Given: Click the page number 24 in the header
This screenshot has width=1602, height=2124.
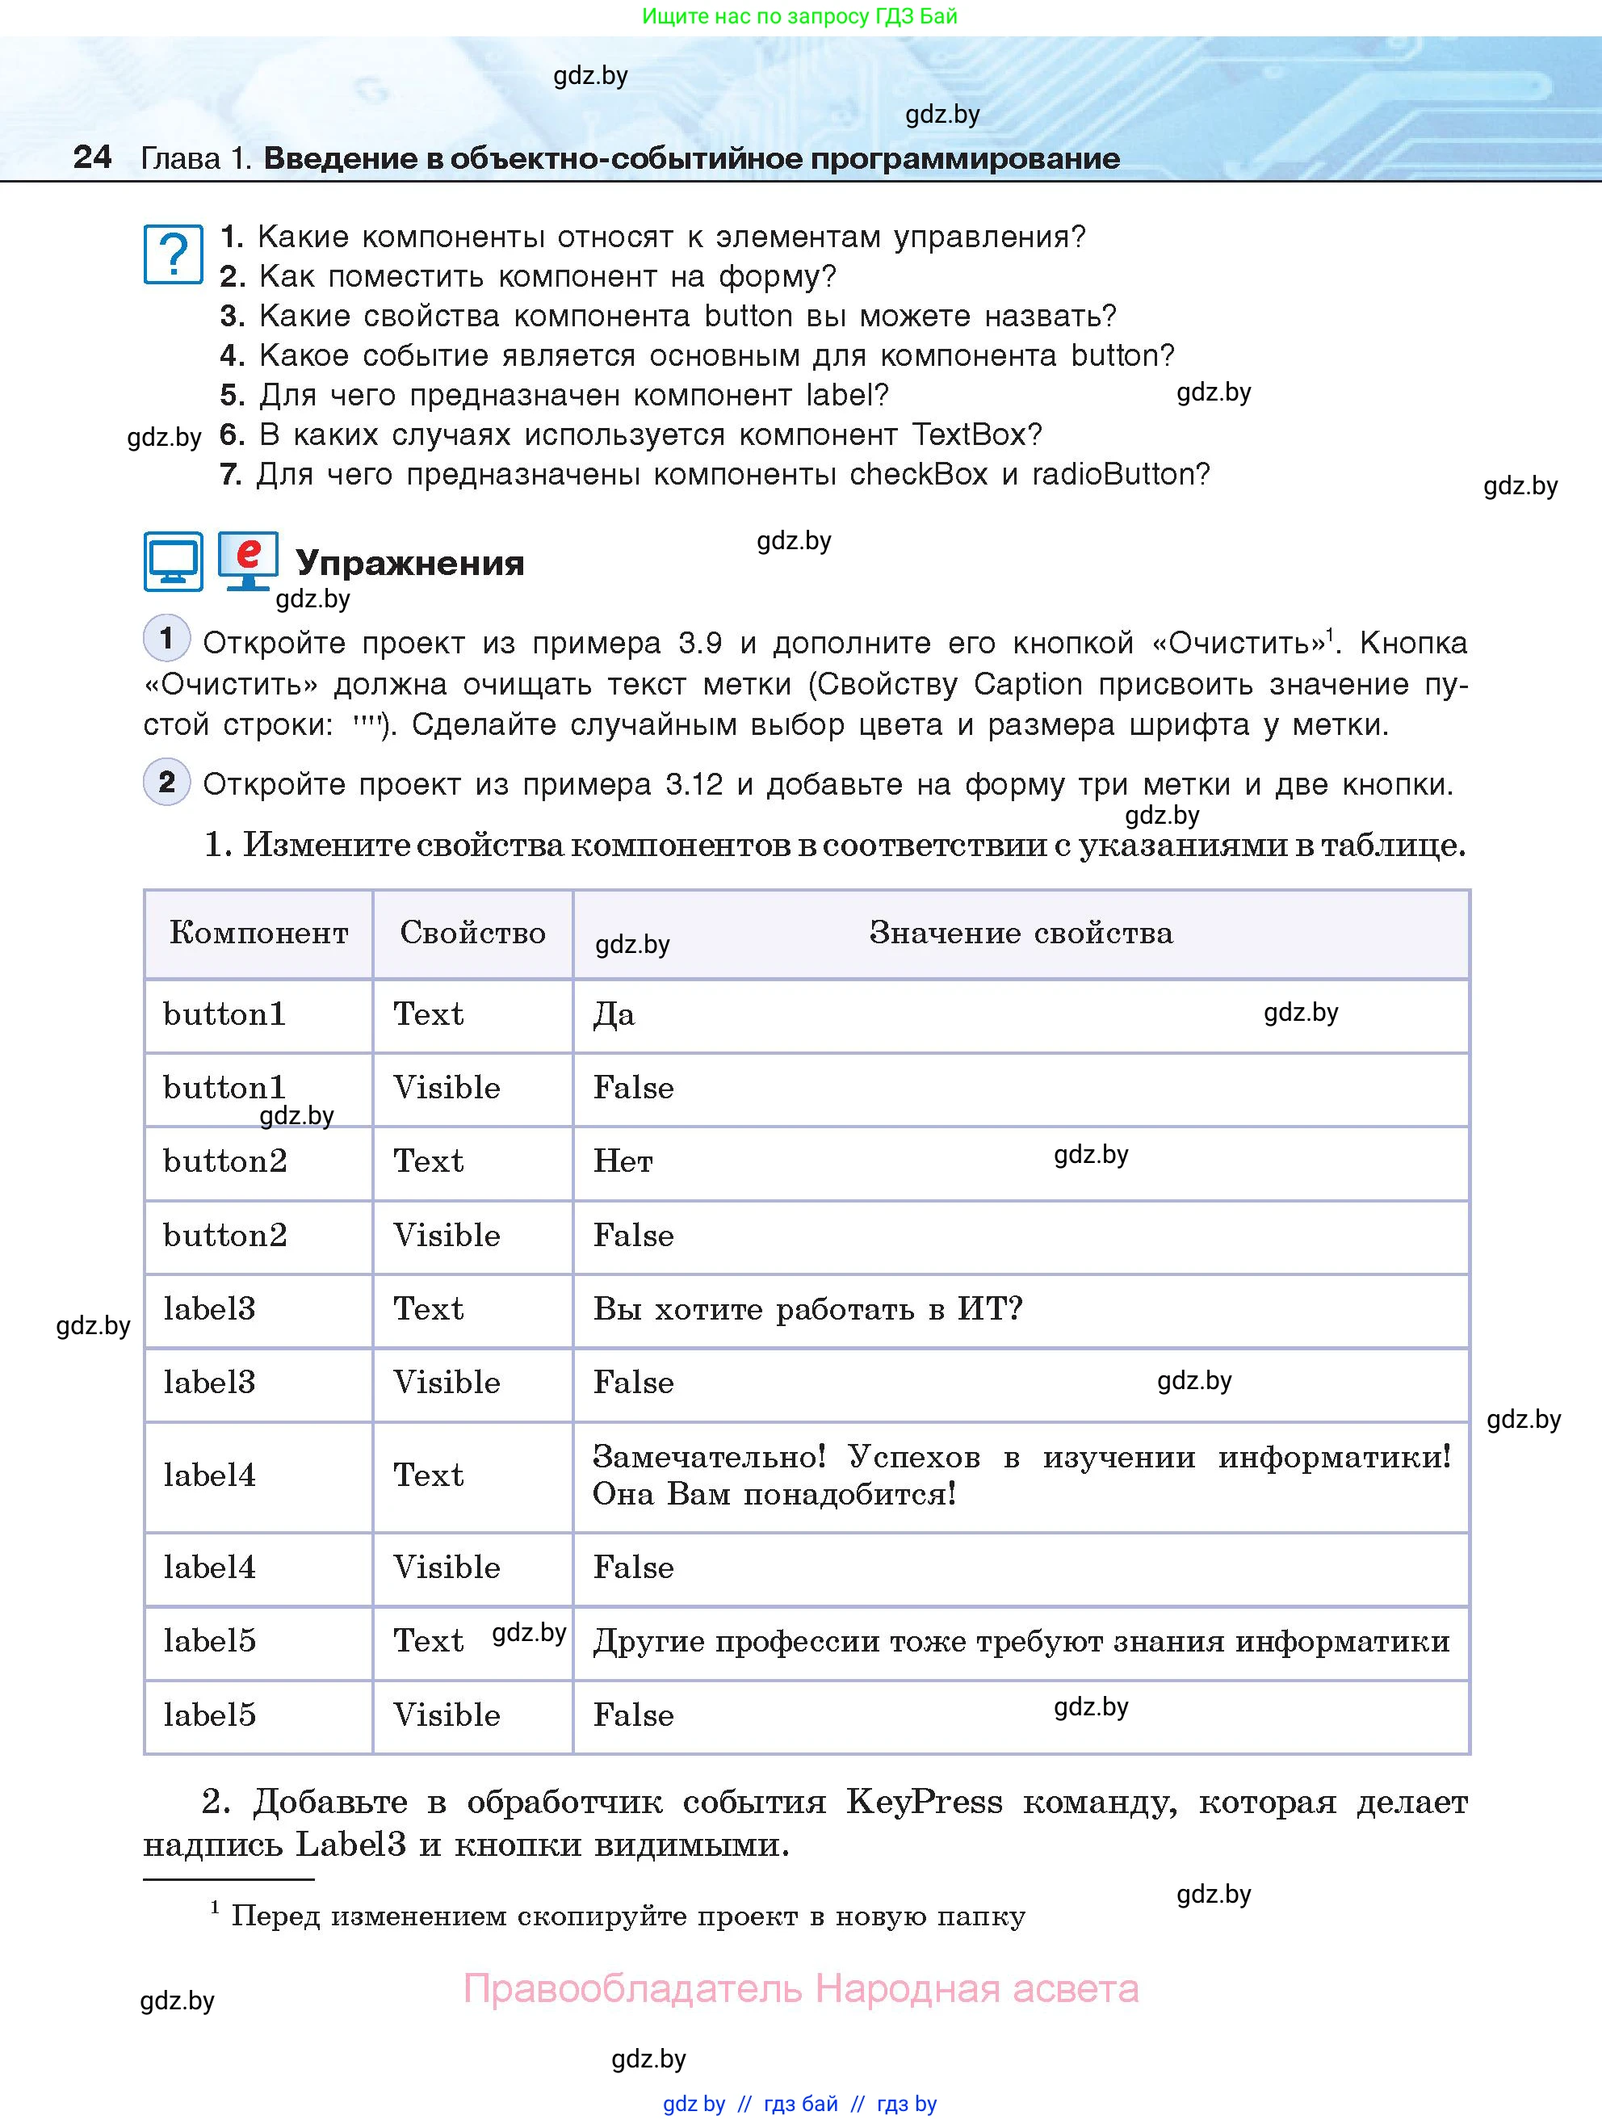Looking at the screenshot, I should (92, 157).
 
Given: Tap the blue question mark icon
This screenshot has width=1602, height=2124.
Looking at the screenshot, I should (173, 254).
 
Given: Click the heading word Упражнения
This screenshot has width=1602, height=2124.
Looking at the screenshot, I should (410, 563).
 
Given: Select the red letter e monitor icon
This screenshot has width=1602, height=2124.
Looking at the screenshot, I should (248, 560).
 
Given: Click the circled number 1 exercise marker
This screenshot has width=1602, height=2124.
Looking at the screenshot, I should (166, 637).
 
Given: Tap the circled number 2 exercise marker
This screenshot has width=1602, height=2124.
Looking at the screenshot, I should (166, 782).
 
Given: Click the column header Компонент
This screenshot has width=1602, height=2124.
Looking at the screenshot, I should (258, 932).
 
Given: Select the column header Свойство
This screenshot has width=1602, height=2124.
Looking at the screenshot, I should (472, 932).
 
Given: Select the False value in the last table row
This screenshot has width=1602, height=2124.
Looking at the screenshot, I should (634, 1715).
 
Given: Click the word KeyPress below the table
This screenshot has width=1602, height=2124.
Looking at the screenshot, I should (924, 1803).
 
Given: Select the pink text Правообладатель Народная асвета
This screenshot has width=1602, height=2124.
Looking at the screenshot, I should (800, 1988).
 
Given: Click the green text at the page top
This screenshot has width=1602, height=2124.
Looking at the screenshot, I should (799, 16).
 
